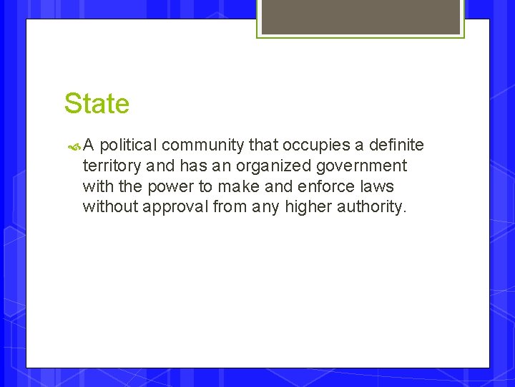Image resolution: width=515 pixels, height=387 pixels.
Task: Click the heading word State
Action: (x=97, y=104)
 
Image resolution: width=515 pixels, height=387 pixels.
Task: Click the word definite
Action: (x=396, y=145)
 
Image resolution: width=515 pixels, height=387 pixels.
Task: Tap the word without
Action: (x=109, y=207)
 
